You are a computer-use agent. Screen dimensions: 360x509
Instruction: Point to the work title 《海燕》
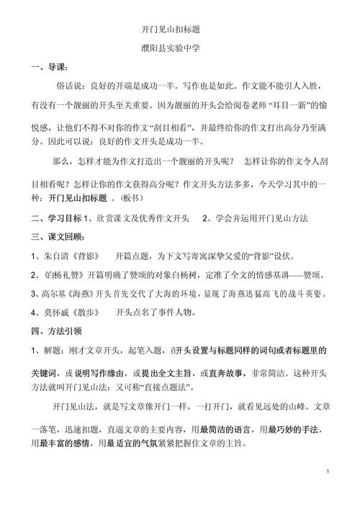[x=84, y=294]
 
